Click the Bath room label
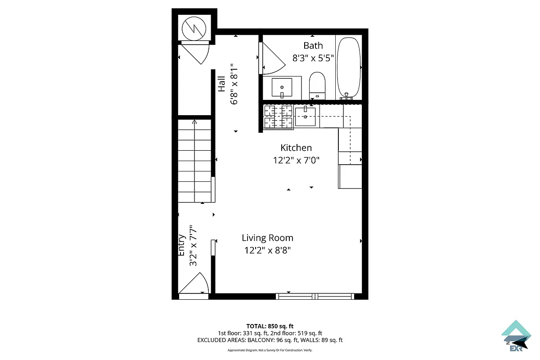[x=313, y=45]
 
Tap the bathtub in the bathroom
[x=349, y=67]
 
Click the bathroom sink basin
[x=282, y=87]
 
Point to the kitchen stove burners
[x=278, y=117]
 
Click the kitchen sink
[x=305, y=117]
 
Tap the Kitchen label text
[x=296, y=148]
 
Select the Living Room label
[x=267, y=238]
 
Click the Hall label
[x=222, y=84]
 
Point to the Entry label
[x=182, y=245]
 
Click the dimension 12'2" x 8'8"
[x=267, y=251]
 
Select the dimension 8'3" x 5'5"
[x=313, y=58]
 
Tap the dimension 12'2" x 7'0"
[x=296, y=160]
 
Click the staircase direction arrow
[x=194, y=122]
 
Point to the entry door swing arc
[x=197, y=283]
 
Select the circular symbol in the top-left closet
[x=194, y=28]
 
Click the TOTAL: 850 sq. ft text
[x=270, y=326]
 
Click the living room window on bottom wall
[x=315, y=296]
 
